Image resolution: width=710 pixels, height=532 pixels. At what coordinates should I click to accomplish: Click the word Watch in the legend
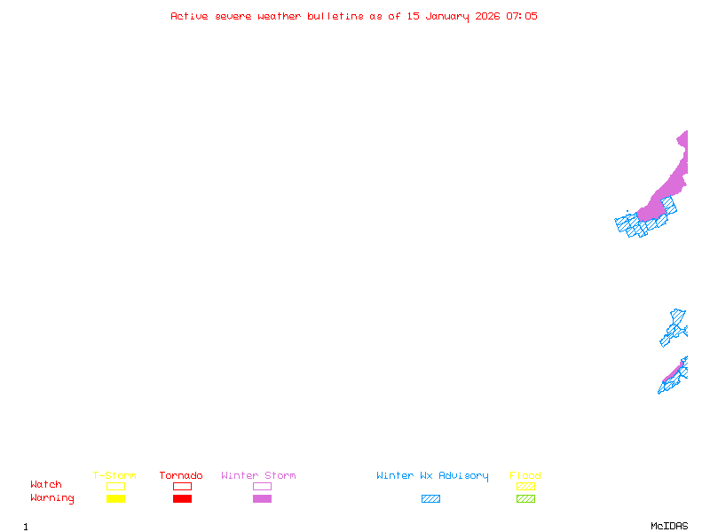pyautogui.click(x=46, y=485)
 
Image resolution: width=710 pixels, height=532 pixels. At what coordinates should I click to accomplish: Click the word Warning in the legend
pyautogui.click(x=52, y=498)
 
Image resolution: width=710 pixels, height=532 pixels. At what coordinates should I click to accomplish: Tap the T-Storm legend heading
pyautogui.click(x=114, y=476)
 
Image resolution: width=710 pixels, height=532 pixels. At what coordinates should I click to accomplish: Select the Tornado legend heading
pyautogui.click(x=181, y=476)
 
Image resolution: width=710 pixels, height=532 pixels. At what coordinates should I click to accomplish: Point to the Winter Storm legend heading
pyautogui.click(x=258, y=476)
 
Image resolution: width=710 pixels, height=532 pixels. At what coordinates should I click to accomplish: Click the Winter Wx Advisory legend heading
pyautogui.click(x=432, y=476)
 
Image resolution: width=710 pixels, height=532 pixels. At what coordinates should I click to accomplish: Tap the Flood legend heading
pyautogui.click(x=525, y=476)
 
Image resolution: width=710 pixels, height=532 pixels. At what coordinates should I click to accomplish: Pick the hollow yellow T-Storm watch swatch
pyautogui.click(x=115, y=486)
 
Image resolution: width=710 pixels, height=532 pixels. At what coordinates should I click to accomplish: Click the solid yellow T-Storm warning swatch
pyautogui.click(x=115, y=499)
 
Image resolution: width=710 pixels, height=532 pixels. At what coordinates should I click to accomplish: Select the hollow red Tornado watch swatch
pyautogui.click(x=182, y=486)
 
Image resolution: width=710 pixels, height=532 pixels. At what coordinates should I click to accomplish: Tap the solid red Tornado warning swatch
pyautogui.click(x=182, y=499)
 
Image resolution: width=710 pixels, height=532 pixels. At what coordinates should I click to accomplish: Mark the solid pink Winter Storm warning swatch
pyautogui.click(x=262, y=499)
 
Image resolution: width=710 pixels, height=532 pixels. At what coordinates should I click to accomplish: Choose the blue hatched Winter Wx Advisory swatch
pyautogui.click(x=430, y=499)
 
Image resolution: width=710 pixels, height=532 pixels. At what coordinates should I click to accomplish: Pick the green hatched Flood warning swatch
pyautogui.click(x=525, y=499)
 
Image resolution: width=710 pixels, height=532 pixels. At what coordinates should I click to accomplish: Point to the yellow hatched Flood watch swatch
pyautogui.click(x=525, y=486)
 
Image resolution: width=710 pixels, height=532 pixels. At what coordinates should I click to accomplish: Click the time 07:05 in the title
pyautogui.click(x=522, y=16)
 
